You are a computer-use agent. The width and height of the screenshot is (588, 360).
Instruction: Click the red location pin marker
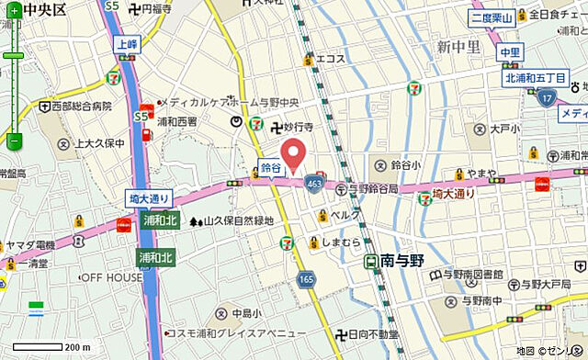[x=293, y=153]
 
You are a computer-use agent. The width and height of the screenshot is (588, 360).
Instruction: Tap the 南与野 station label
[x=403, y=260]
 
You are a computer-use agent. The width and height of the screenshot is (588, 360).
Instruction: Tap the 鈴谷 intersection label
[x=270, y=168]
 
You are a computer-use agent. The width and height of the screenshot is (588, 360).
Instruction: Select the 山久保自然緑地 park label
[x=238, y=220]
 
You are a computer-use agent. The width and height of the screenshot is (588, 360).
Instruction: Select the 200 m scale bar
[x=51, y=347]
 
